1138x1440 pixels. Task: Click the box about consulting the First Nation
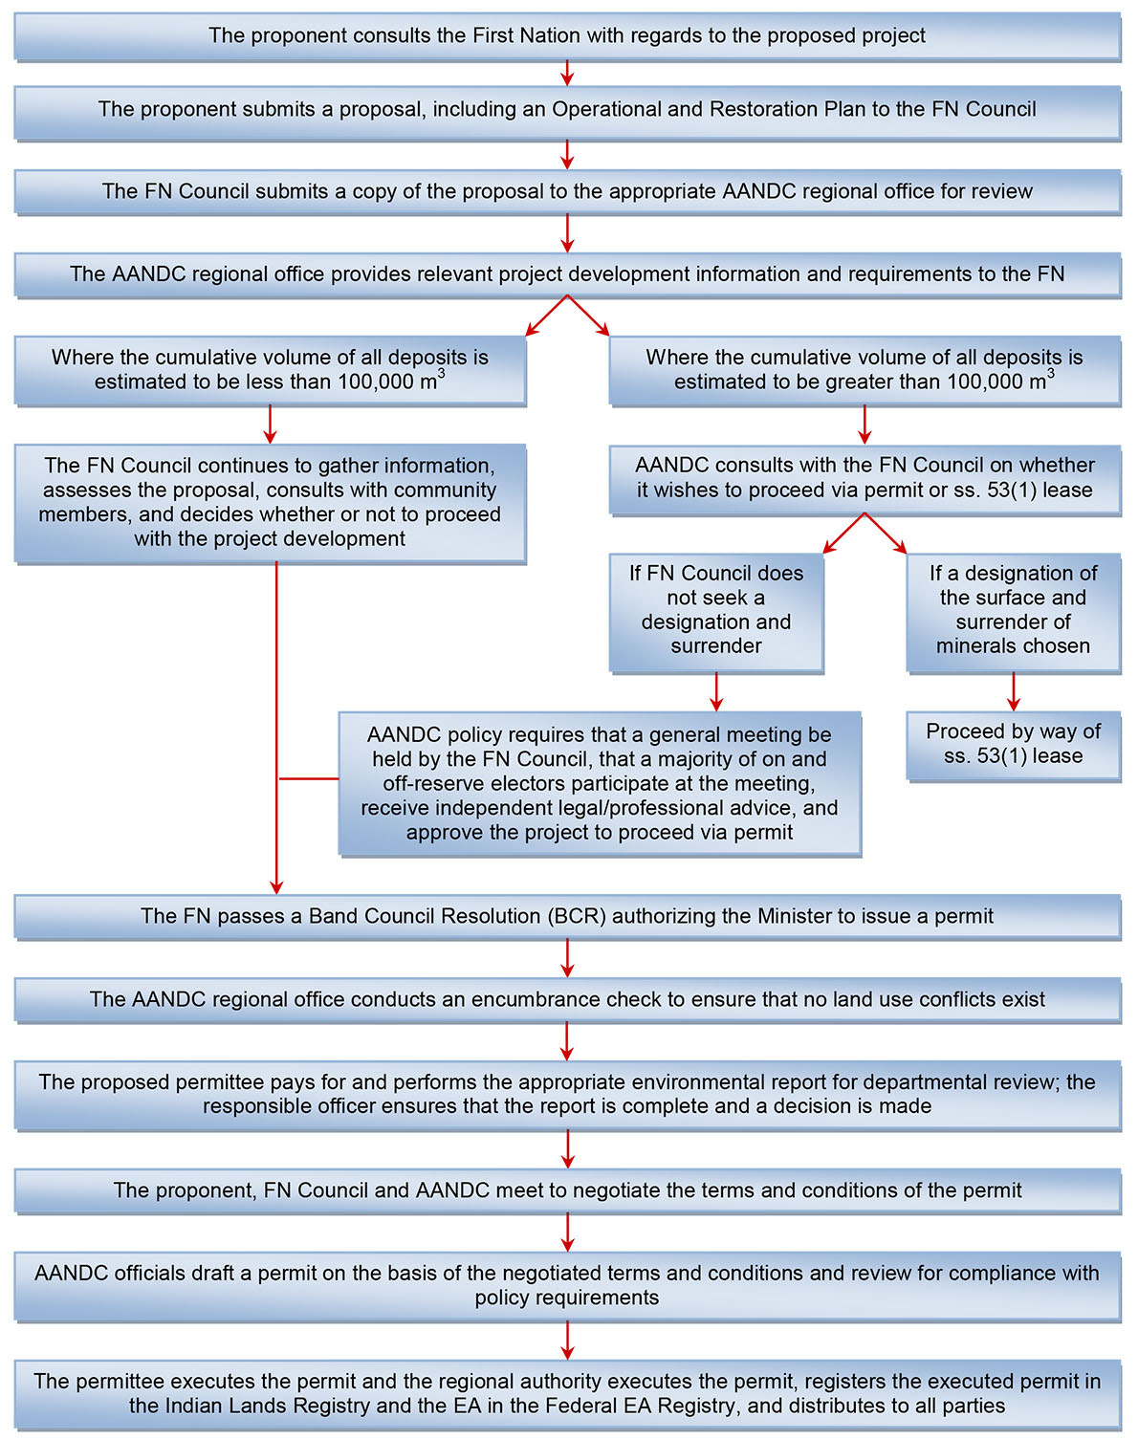point(567,36)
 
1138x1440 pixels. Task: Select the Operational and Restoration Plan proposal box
point(567,110)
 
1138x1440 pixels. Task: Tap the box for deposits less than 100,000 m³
point(270,370)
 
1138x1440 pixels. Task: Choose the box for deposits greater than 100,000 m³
point(864,370)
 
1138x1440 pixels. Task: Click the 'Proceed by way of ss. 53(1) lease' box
point(1013,744)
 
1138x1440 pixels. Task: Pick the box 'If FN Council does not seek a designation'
point(716,610)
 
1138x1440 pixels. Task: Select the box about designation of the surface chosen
point(1013,610)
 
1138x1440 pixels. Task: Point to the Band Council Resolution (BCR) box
point(567,916)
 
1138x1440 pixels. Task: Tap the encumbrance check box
point(567,999)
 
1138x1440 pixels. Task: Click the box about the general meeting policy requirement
point(600,783)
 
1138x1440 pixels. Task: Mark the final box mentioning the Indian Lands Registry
point(567,1394)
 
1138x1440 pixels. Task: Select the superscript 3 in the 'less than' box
point(441,374)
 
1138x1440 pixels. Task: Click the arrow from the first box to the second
point(567,74)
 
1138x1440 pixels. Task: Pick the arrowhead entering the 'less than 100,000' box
point(529,331)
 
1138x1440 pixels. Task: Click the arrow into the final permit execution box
point(567,1341)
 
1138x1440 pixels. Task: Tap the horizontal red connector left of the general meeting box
point(308,779)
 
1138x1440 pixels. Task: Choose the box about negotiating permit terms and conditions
point(567,1190)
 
